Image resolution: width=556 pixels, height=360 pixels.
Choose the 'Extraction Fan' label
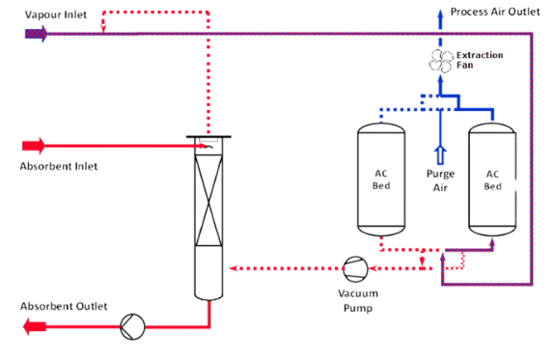click(x=479, y=61)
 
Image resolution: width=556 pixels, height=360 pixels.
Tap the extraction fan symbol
click(x=440, y=61)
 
